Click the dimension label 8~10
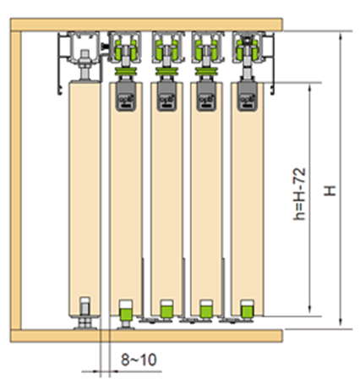139,360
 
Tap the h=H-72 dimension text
299,194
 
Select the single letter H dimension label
330,190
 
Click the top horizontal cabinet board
146,25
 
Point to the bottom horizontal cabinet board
146,336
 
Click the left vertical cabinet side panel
16,180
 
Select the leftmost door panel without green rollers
85,200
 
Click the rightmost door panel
248,199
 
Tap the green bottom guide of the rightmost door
247,310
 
